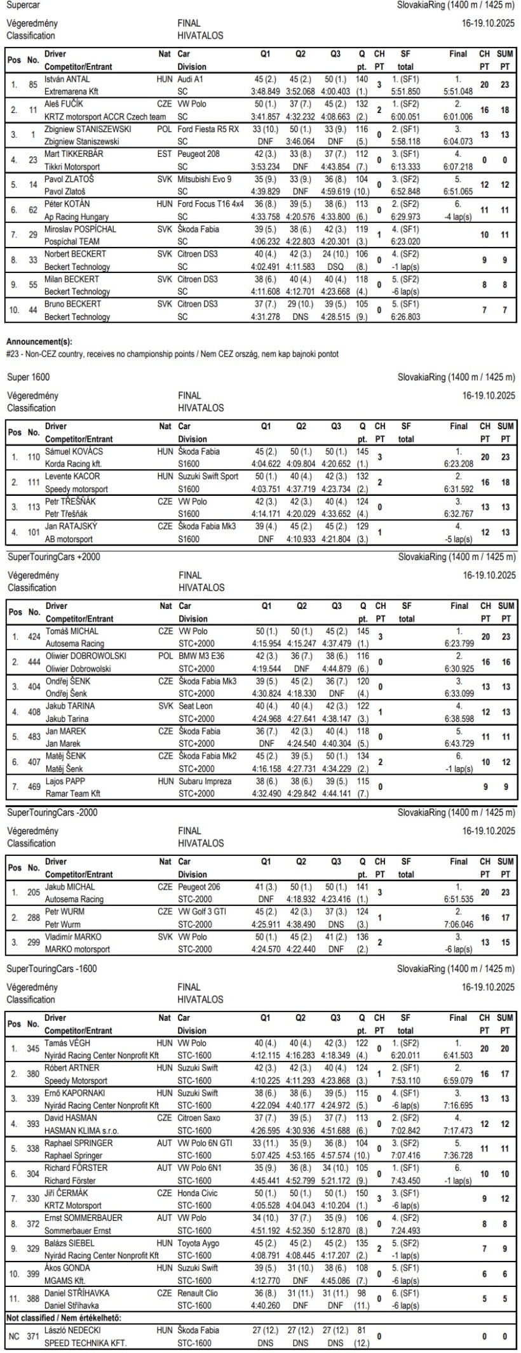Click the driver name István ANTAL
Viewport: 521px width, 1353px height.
pos(67,79)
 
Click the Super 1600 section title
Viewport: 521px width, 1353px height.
pos(26,377)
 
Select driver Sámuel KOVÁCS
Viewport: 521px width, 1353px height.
pos(73,451)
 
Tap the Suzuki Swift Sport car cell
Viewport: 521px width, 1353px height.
pos(212,476)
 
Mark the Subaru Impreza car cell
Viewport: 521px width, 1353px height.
pos(205,781)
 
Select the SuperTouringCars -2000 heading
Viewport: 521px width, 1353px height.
pos(53,812)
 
